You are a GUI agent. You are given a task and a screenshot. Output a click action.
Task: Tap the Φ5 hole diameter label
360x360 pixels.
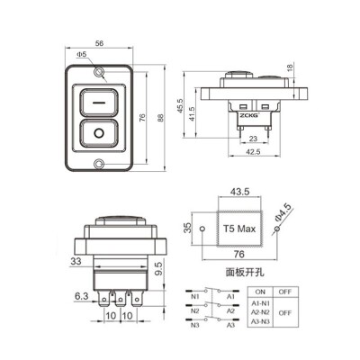point(82,55)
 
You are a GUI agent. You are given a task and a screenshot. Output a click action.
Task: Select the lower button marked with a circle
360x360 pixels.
point(99,136)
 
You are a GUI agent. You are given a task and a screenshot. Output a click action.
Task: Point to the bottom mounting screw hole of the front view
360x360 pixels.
point(99,164)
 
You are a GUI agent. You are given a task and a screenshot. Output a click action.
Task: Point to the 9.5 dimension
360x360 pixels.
point(157,267)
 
